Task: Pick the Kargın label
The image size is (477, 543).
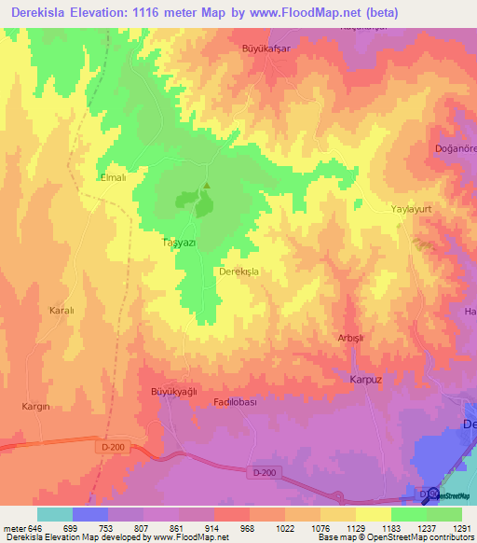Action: tap(34, 407)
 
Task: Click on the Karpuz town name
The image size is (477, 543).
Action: tap(366, 381)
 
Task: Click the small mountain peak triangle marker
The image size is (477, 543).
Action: tap(207, 184)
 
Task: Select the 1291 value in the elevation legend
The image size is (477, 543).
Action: tap(461, 528)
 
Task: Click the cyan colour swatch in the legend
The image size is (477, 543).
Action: tap(55, 514)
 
